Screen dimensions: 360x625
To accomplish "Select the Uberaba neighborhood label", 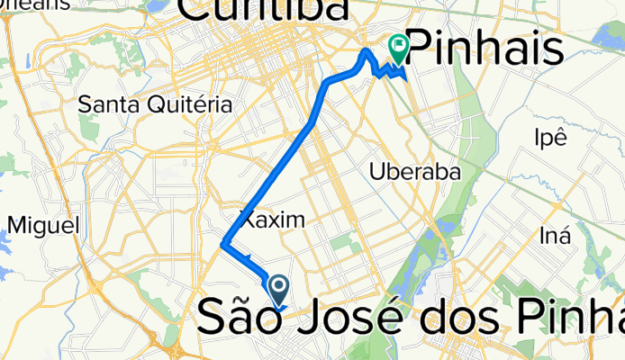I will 415,171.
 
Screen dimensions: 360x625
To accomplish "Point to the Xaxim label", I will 272,220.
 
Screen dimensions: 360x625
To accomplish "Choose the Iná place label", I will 555,236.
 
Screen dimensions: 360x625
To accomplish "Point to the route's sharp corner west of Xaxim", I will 223,243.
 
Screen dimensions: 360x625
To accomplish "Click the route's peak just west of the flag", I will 365,52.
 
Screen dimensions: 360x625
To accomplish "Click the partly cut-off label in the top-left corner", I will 36,4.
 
